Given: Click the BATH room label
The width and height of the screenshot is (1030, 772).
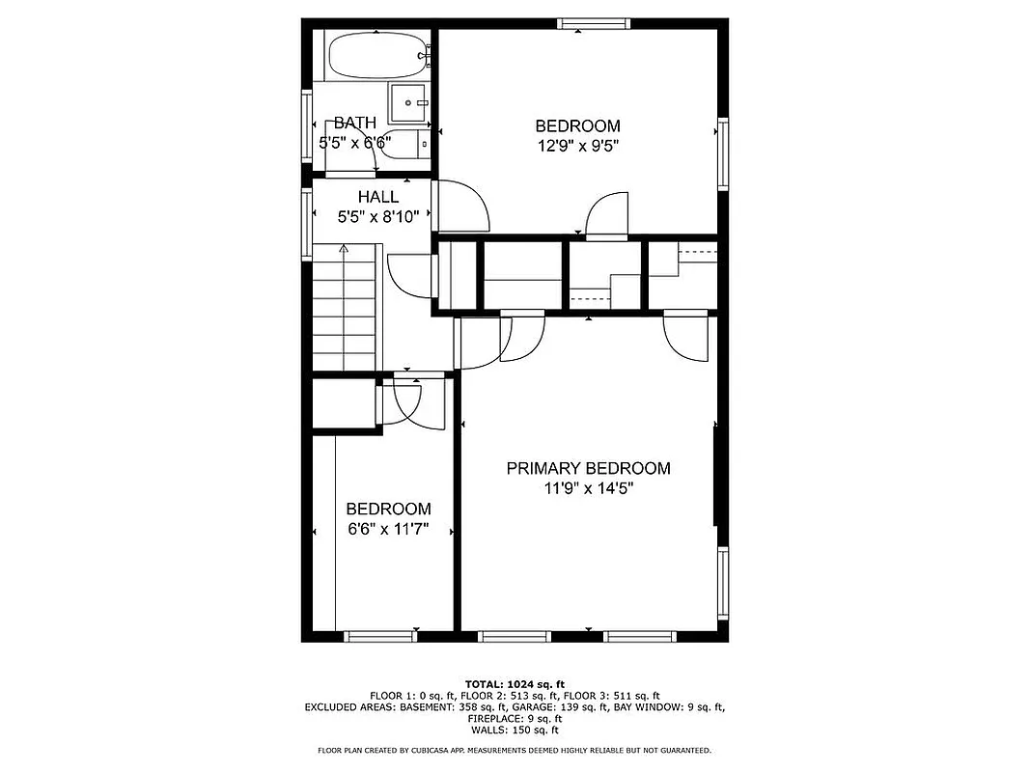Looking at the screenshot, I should (354, 124).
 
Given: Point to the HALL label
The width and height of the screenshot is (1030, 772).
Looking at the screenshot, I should (377, 197).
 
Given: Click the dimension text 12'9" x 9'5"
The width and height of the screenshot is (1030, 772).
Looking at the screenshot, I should (577, 146).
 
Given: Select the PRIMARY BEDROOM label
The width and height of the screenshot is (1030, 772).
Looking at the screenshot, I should (588, 469).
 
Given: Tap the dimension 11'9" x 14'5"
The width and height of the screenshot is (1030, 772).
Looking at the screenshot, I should (588, 488).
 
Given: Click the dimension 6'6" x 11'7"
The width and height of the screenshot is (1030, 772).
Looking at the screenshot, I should (387, 529).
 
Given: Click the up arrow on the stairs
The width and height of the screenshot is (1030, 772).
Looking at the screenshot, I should (343, 249).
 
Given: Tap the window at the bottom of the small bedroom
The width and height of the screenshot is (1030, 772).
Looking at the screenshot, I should (382, 636).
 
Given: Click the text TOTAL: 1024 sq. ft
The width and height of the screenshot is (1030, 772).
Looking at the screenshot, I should (515, 683).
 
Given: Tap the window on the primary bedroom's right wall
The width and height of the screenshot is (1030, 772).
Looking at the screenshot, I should (721, 585).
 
